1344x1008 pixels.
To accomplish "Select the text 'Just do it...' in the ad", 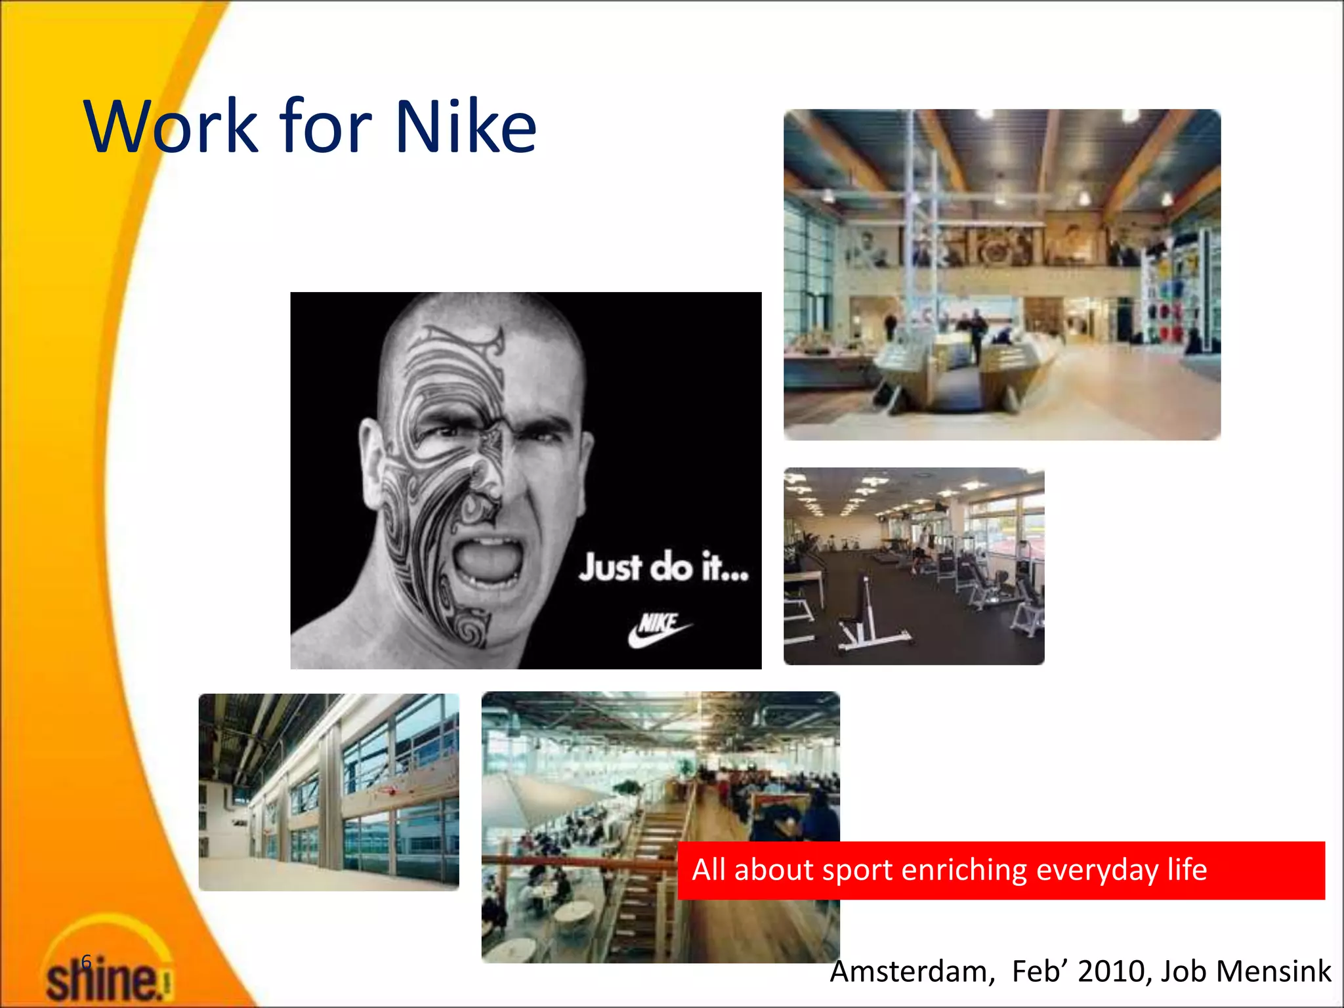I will tap(663, 568).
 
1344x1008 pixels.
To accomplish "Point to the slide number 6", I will tap(86, 962).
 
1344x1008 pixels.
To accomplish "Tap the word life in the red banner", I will tap(1186, 870).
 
